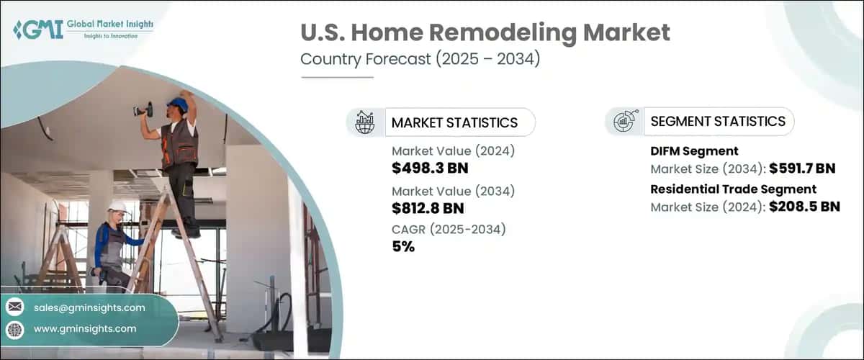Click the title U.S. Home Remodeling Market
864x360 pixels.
coord(485,32)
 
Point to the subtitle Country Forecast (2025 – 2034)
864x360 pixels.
coord(420,60)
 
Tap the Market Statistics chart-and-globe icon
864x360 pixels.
coord(365,122)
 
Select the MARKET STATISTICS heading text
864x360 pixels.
coord(454,122)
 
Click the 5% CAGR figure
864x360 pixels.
coord(403,247)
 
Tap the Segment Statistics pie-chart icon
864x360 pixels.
coord(624,122)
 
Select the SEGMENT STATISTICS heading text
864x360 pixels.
coord(718,122)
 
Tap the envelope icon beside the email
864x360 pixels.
coord(15,307)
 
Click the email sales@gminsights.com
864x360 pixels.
coord(89,307)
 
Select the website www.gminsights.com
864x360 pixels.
coord(84,328)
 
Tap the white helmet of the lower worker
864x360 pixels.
coord(117,208)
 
